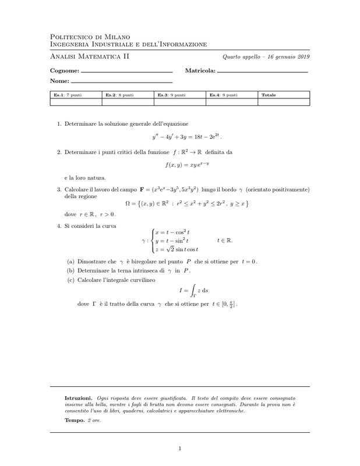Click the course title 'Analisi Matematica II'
90,57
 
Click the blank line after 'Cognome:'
127,72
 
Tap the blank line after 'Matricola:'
262,72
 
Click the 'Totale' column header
269,94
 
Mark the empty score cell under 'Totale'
284,101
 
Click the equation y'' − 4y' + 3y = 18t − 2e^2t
188,137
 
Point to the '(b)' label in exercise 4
70,270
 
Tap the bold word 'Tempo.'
74,420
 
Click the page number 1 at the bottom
181,448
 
